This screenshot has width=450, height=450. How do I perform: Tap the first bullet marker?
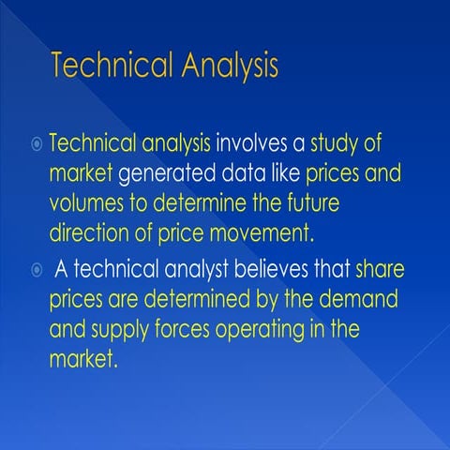pos(37,144)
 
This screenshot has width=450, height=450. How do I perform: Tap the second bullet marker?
pos(37,271)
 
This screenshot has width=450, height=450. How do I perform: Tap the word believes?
pos(265,271)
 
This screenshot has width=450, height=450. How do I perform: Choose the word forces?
pos(186,331)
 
